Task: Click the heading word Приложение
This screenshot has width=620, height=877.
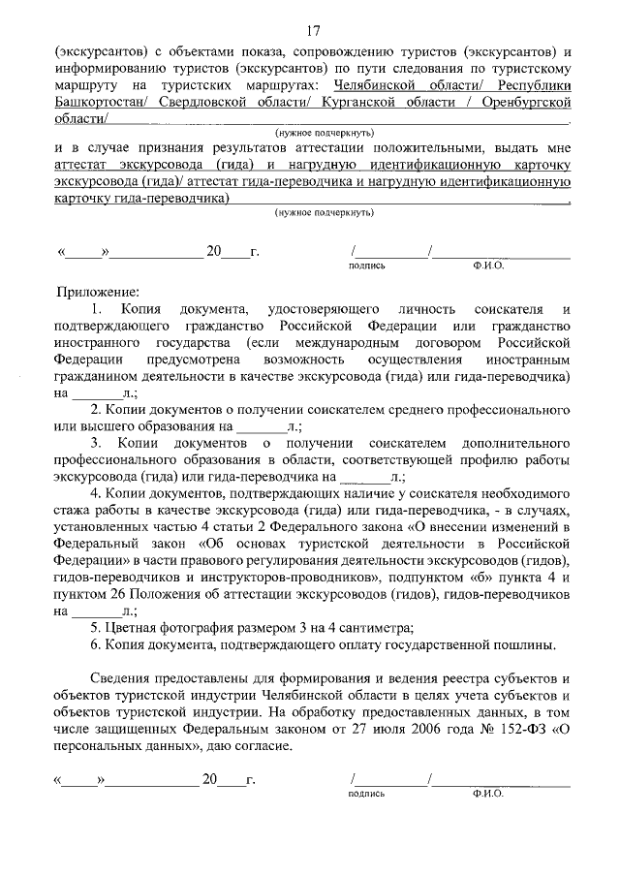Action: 99,291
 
